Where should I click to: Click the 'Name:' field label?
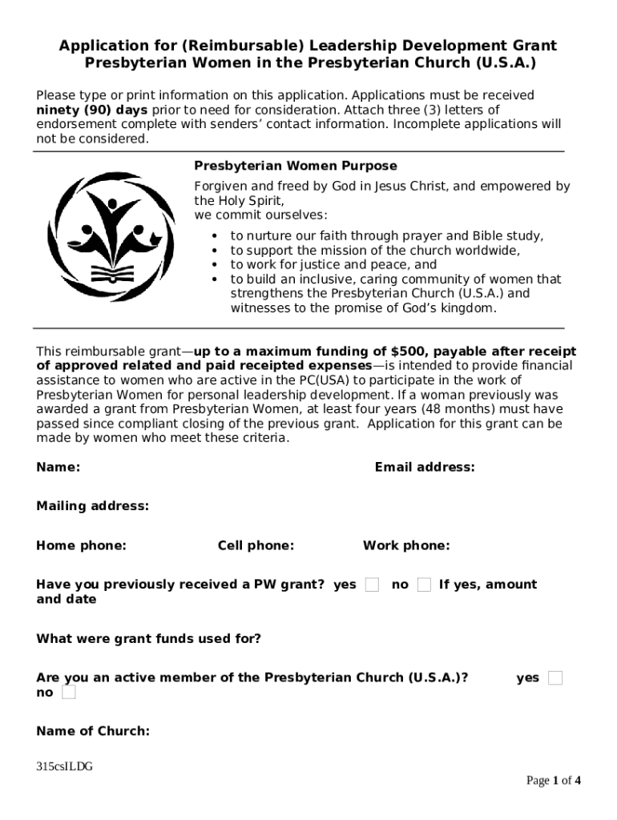coord(58,467)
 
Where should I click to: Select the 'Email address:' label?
coord(424,467)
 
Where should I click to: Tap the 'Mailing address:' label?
coord(92,506)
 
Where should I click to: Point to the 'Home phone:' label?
coord(81,546)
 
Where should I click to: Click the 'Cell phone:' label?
coord(256,546)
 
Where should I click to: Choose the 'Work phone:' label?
coord(406,546)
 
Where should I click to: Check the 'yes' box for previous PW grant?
coord(372,585)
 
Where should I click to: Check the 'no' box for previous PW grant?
coord(424,585)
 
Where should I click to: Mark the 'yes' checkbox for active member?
coord(555,678)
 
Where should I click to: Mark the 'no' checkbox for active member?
coord(69,693)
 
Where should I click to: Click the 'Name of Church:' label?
coord(93,731)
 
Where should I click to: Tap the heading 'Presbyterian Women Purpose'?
coord(296,166)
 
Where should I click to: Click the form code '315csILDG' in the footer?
coord(64,766)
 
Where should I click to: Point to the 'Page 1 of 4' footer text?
coord(553,781)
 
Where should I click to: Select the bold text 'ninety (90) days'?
coord(91,110)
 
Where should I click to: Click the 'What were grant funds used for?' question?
coord(148,639)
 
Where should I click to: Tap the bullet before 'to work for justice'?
coord(215,265)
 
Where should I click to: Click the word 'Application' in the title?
coord(99,46)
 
